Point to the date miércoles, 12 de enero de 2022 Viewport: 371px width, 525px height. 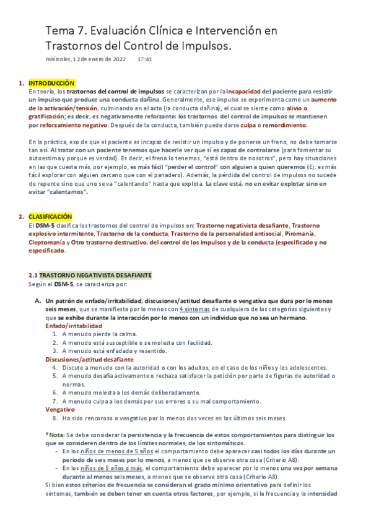click(86, 59)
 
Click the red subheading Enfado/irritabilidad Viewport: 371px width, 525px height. click(74, 326)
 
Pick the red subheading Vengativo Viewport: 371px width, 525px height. click(60, 409)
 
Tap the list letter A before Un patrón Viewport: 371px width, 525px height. click(37, 301)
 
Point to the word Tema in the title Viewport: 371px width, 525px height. click(60, 30)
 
